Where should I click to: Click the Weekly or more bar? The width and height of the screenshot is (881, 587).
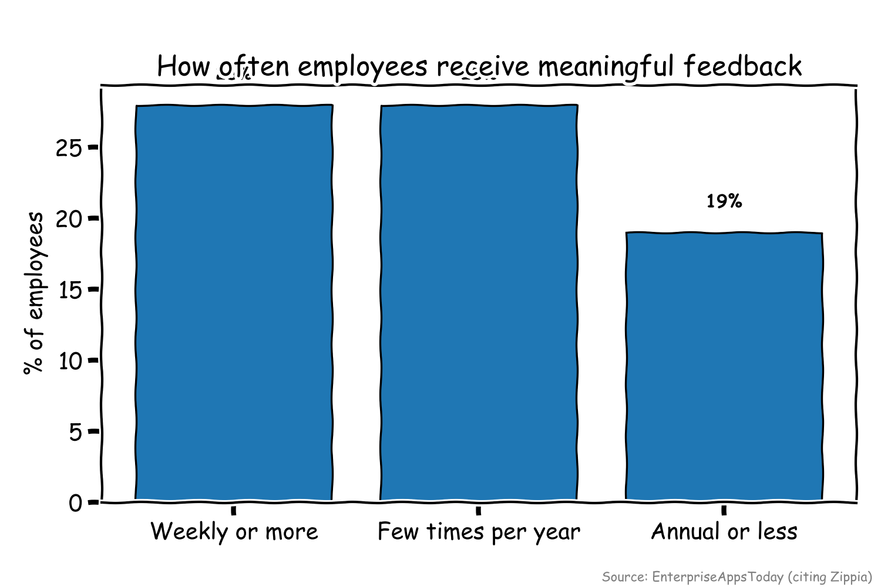(x=234, y=302)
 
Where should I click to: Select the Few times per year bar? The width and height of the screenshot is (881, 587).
(x=479, y=302)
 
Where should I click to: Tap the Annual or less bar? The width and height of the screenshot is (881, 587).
(x=724, y=366)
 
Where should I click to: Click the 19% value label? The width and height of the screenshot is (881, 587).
(x=724, y=201)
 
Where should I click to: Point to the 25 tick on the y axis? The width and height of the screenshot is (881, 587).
(x=69, y=148)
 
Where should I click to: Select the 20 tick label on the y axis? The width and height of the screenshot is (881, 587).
(x=69, y=219)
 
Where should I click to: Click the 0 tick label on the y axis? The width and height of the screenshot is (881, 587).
(x=76, y=504)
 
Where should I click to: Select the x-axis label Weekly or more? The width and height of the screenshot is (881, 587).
(x=234, y=532)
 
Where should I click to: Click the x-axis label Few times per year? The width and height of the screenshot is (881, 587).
(x=479, y=532)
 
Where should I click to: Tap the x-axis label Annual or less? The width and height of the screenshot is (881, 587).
(x=724, y=532)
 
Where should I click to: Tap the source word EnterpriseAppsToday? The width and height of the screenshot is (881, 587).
(x=717, y=576)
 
